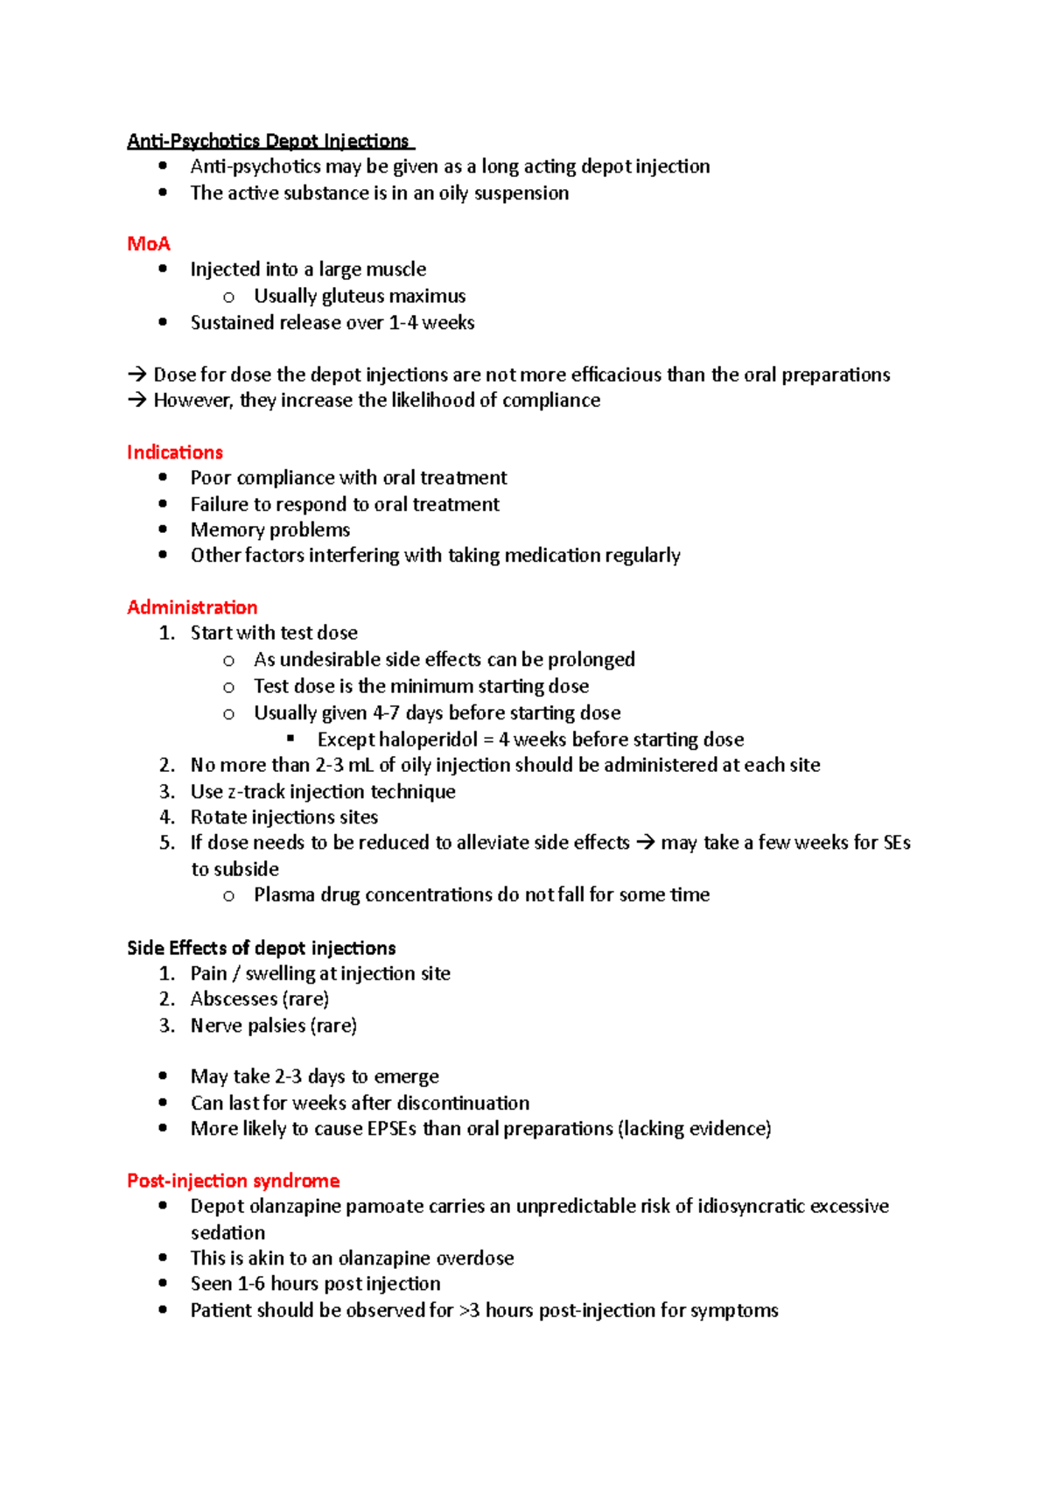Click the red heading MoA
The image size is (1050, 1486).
point(148,243)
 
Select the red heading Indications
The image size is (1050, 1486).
point(175,452)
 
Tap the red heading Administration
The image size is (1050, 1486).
point(192,607)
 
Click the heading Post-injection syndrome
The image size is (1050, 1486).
point(233,1181)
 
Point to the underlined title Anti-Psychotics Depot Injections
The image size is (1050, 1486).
point(269,141)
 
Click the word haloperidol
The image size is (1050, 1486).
point(429,739)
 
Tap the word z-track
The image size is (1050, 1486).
point(255,791)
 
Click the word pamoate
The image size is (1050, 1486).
point(385,1206)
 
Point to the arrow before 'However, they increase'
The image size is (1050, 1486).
point(136,401)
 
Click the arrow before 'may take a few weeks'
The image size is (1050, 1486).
point(645,843)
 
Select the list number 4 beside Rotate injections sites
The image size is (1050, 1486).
point(167,817)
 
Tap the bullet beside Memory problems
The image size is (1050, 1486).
point(163,529)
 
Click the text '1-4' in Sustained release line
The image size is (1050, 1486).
point(402,323)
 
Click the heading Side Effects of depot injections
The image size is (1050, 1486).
point(261,948)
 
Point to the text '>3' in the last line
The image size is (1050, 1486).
point(470,1310)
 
